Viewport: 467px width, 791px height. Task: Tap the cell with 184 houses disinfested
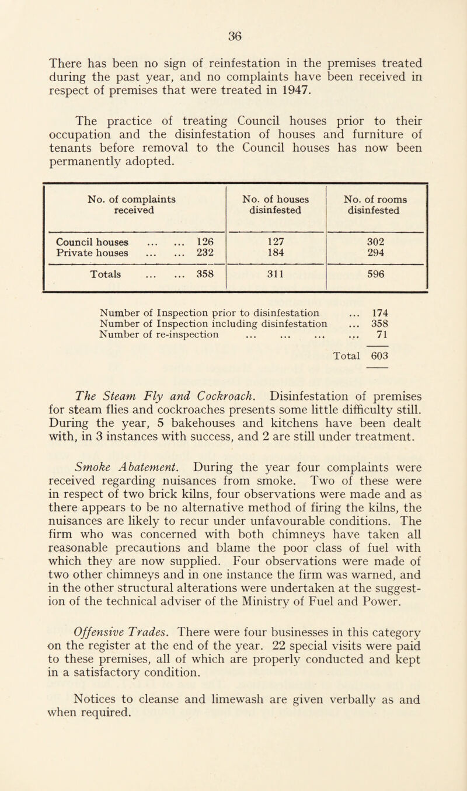(x=274, y=254)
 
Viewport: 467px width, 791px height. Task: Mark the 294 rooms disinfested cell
(x=378, y=254)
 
